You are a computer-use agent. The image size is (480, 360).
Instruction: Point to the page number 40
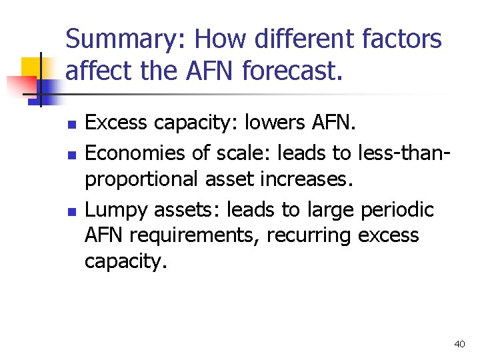click(459, 344)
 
